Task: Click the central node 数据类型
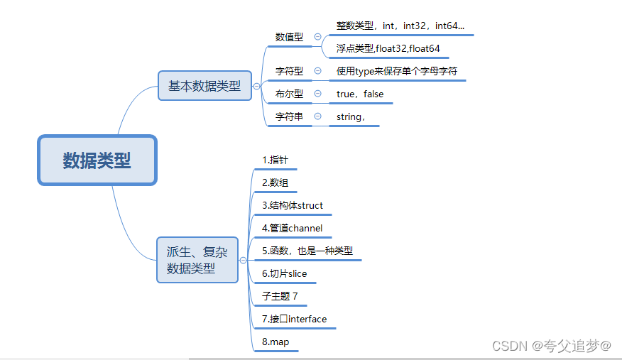pos(97,160)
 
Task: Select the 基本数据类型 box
pos(204,86)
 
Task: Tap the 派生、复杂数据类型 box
pos(197,260)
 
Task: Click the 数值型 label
pos(289,37)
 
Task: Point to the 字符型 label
pos(289,71)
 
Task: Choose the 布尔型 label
pos(289,94)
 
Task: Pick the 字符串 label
pos(289,116)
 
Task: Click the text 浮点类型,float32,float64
pos(388,49)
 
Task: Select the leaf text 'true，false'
pos(360,94)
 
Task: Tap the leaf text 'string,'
pos(351,116)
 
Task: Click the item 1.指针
pos(275,160)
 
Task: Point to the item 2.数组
pos(275,182)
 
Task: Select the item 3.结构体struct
pos(292,205)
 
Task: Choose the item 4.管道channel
pos(292,228)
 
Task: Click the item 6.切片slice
pos(284,273)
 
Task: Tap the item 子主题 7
pos(280,296)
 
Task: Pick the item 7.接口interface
pos(294,319)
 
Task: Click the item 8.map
pos(275,342)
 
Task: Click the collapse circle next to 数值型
pos(317,37)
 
